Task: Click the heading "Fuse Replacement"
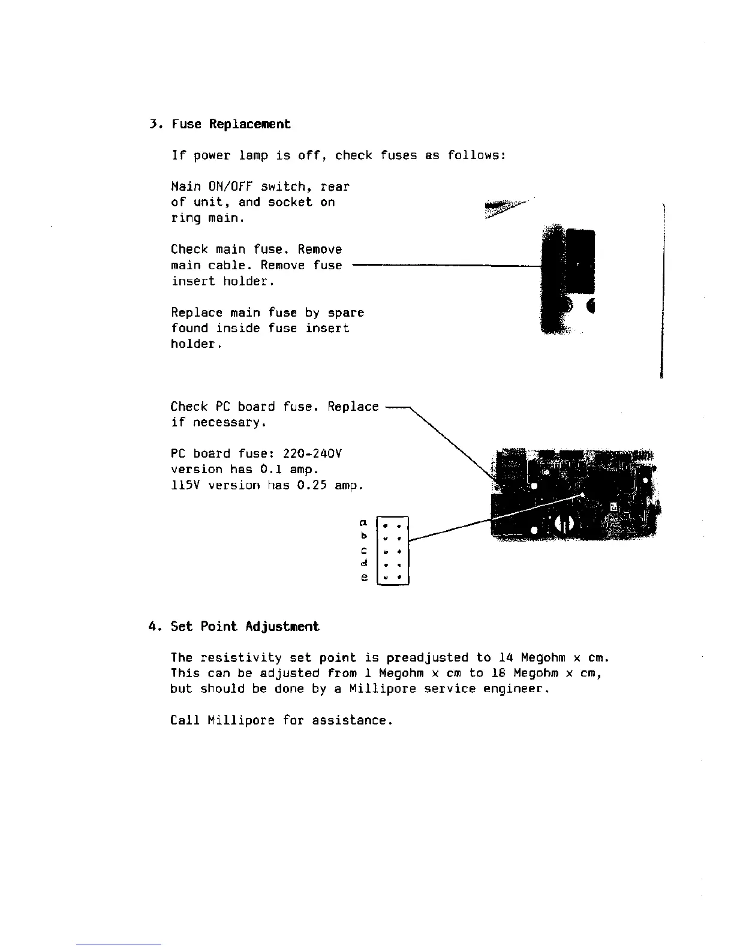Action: [231, 124]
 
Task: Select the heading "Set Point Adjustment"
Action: [245, 627]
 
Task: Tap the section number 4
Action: [152, 627]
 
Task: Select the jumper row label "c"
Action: [363, 551]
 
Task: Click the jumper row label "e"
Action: [363, 578]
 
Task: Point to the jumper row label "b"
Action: [363, 536]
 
